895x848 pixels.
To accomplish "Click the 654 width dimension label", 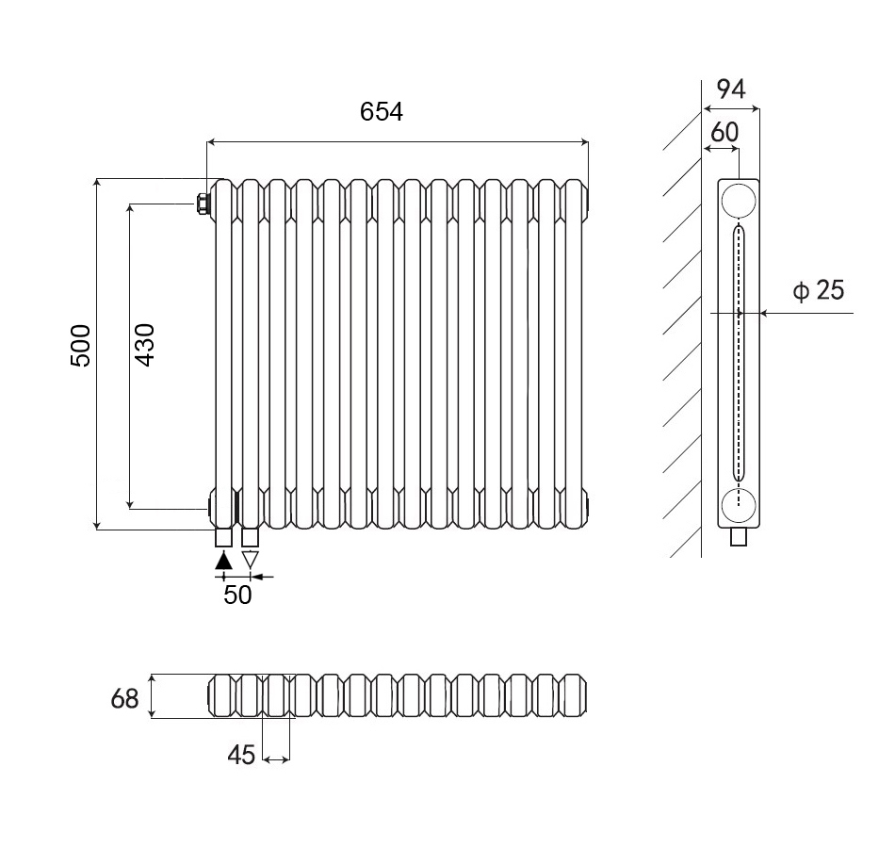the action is [382, 112].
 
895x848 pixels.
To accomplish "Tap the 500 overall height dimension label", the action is [81, 346].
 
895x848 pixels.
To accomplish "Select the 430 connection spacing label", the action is [145, 345].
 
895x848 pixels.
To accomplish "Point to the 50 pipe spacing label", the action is [237, 595].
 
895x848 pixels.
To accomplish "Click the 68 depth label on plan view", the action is [124, 698].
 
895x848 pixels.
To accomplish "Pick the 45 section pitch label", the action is [241, 755].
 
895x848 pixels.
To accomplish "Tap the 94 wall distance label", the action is [731, 90].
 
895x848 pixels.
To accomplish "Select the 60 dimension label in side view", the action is [724, 133].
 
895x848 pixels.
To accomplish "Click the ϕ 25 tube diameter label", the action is [819, 290].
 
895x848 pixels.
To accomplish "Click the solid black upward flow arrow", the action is [224, 560].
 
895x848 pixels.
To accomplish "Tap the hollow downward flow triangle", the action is [251, 560].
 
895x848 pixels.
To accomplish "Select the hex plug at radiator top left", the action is [202, 204].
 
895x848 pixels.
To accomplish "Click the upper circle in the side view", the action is [739, 201].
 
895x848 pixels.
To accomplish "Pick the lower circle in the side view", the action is [739, 506].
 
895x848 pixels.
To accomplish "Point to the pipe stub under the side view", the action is [739, 537].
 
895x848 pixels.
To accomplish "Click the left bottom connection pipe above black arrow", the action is [224, 538].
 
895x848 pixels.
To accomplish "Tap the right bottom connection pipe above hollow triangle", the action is [251, 538].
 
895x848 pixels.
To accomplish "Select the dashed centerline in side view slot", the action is [739, 366].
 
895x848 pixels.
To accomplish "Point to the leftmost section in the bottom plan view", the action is [221, 695].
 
